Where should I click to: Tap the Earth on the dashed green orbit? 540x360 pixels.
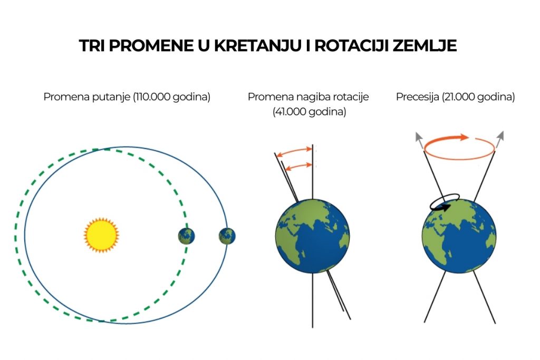pos(186,236)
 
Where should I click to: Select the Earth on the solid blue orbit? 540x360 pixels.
pos(227,236)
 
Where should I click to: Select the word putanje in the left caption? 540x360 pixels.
pos(114,97)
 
